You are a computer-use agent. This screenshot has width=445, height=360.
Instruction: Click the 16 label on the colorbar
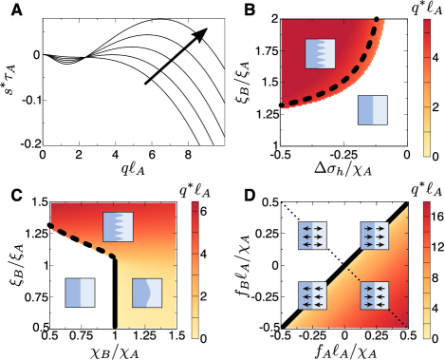[437, 216]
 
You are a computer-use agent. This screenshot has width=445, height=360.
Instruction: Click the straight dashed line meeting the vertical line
[81, 240]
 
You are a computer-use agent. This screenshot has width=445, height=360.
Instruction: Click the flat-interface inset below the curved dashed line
[372, 110]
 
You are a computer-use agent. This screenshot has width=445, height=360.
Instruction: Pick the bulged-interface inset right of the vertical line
[147, 292]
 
